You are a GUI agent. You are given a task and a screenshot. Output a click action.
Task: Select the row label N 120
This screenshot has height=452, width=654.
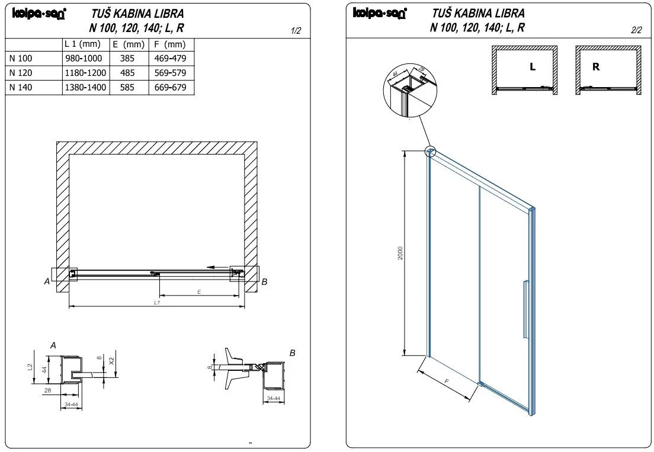click(x=21, y=73)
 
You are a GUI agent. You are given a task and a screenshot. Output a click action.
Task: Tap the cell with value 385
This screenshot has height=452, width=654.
click(x=127, y=59)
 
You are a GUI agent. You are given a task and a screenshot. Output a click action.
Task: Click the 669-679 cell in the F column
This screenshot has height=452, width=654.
click(x=170, y=88)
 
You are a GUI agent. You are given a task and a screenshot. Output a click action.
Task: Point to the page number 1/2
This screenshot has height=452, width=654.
click(x=297, y=31)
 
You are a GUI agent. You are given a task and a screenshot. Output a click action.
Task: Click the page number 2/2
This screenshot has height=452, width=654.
click(x=636, y=30)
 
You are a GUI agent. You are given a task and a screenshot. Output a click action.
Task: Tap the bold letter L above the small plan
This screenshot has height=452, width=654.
click(x=533, y=67)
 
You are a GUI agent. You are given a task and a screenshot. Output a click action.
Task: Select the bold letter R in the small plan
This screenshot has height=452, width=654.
click(x=596, y=67)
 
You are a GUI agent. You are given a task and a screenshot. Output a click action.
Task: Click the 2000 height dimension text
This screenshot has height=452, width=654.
click(x=400, y=253)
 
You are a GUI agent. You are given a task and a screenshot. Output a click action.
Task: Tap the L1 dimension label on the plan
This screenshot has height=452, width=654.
click(x=157, y=302)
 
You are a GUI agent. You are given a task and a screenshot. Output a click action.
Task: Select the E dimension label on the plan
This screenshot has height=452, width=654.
click(x=199, y=291)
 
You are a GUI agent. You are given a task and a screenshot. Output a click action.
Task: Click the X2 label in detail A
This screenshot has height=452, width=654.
click(x=112, y=360)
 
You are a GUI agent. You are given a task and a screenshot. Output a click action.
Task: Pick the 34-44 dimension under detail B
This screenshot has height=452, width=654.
click(x=273, y=399)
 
